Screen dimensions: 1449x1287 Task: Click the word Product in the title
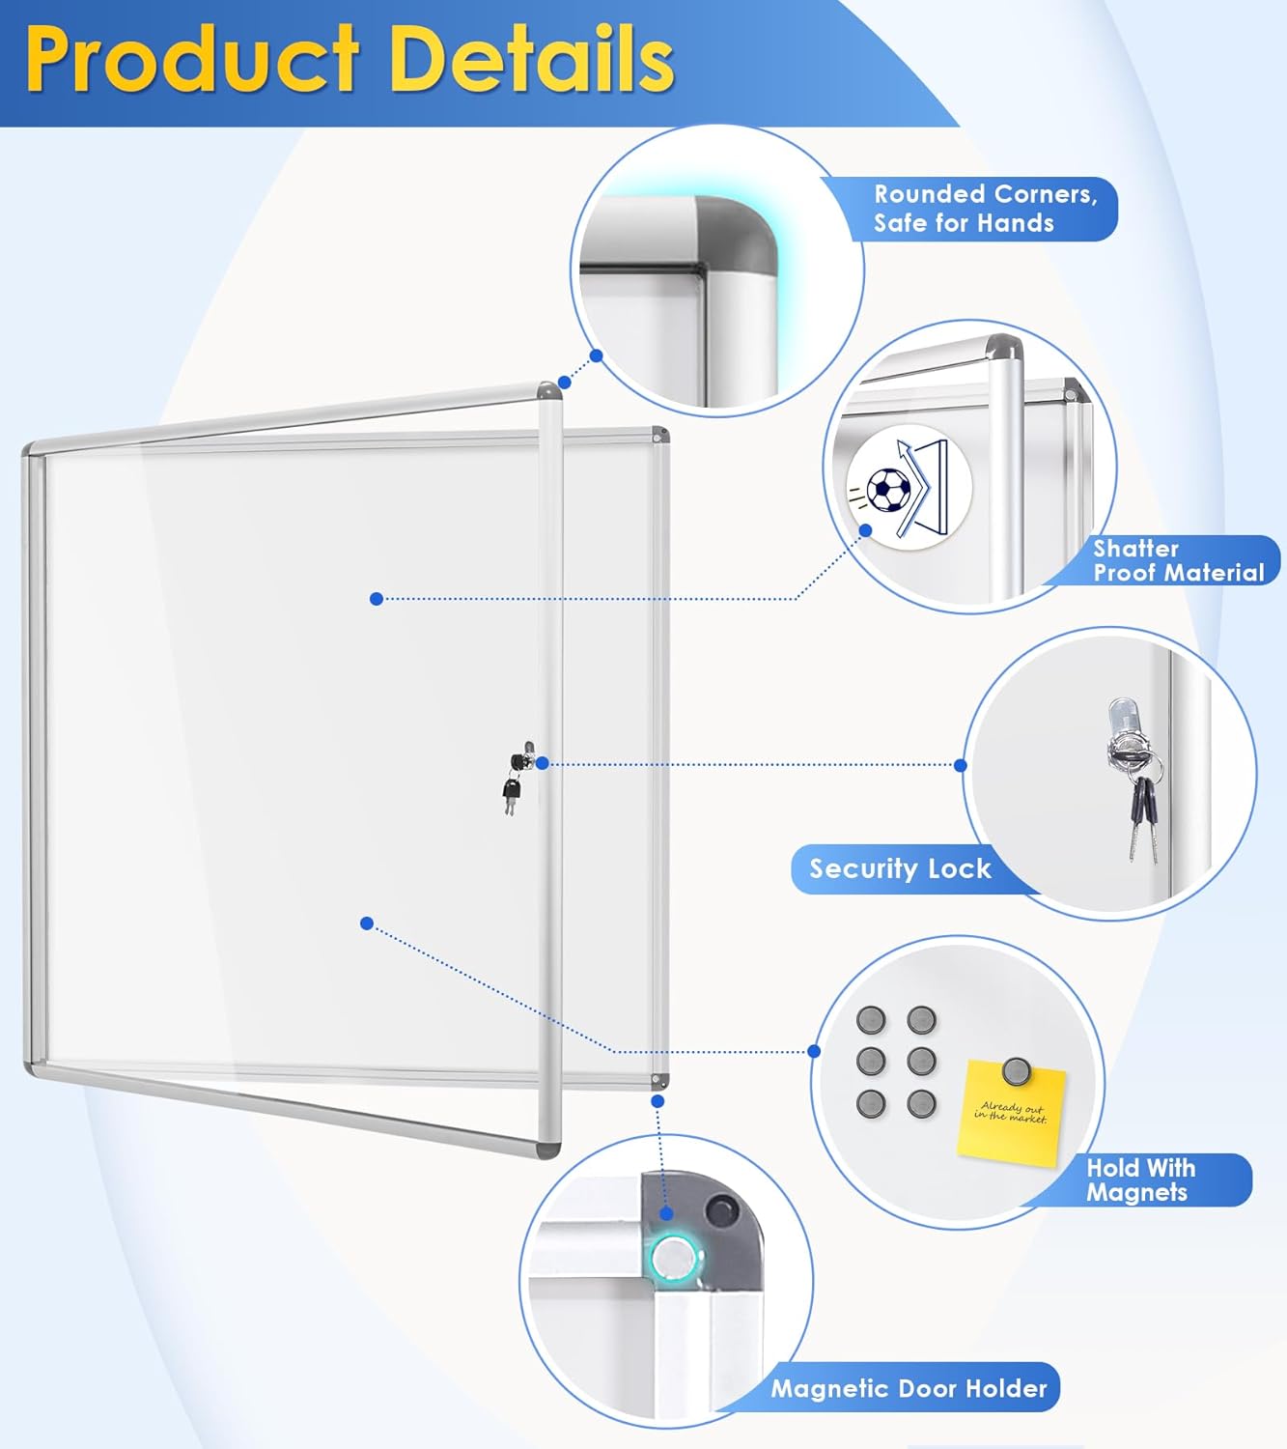pos(193,60)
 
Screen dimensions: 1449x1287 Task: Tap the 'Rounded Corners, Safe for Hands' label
pos(985,209)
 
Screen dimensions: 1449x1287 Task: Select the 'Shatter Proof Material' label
pos(1178,560)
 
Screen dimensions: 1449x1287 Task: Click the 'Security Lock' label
pos(900,868)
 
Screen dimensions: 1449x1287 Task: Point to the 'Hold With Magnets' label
pos(1141,1179)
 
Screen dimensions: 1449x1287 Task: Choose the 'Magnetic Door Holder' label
pos(909,1388)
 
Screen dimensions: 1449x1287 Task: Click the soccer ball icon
pos(888,490)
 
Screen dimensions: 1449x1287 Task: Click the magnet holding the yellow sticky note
pos(1016,1070)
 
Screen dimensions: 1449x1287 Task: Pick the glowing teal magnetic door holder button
pos(671,1259)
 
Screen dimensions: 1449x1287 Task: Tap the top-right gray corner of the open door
pos(548,391)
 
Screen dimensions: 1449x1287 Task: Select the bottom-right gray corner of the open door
pos(547,1150)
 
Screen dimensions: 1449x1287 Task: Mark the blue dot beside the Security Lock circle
pos(960,765)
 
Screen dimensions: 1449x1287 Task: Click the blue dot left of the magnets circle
pos(814,1051)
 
